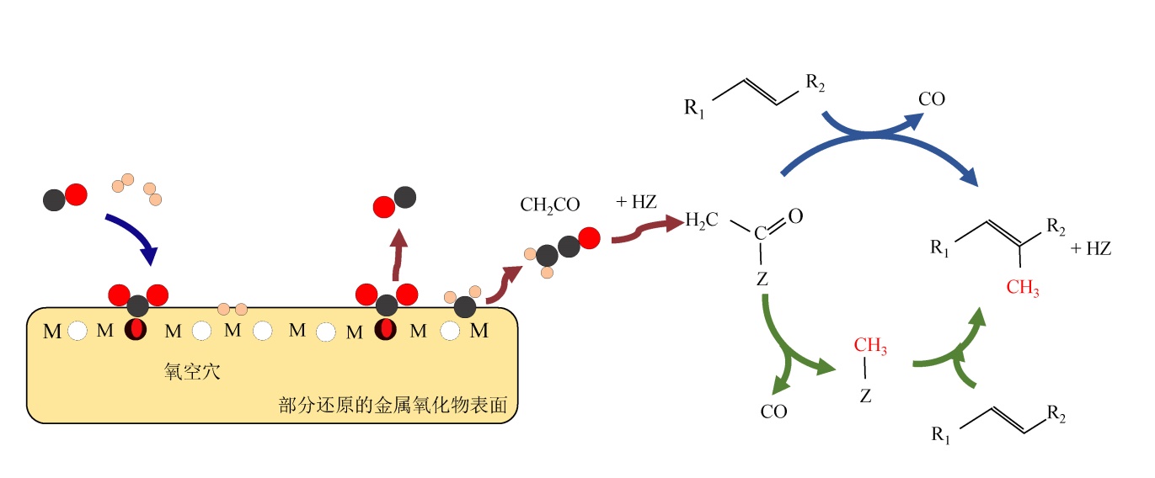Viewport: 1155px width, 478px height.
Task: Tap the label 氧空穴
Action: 191,371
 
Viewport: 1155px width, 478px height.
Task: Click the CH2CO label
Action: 548,204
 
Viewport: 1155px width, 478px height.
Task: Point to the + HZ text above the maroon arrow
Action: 637,202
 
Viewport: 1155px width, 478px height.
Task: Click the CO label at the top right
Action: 932,99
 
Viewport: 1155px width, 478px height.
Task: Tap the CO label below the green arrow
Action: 773,412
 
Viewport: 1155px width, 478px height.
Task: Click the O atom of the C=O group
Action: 795,216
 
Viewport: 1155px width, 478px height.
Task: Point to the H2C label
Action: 702,221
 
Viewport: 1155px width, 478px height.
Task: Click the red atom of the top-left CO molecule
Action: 76,195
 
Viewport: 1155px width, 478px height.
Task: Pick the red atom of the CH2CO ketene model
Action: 590,238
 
